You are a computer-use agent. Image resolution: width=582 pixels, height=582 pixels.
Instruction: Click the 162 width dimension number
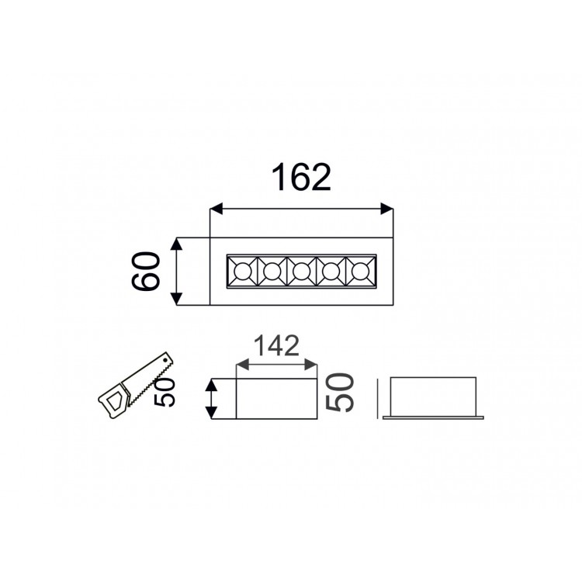(301, 178)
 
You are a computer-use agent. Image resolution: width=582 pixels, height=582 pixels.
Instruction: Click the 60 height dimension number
(147, 271)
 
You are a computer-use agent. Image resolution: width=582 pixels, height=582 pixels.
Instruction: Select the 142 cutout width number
(276, 345)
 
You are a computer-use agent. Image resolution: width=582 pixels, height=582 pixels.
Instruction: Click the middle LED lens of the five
(301, 272)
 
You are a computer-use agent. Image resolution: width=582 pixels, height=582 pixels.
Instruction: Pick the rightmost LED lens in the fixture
(360, 272)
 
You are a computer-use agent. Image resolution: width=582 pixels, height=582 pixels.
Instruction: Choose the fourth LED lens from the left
(331, 272)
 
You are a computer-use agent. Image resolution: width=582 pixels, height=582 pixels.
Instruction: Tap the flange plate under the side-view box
(433, 417)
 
